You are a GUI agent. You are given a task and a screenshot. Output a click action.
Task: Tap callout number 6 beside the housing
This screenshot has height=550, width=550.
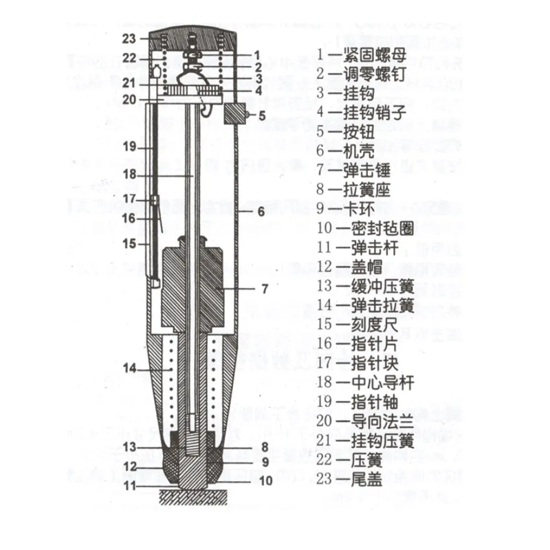tap(261, 212)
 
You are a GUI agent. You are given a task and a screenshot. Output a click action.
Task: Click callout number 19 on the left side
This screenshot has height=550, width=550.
tap(130, 146)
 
